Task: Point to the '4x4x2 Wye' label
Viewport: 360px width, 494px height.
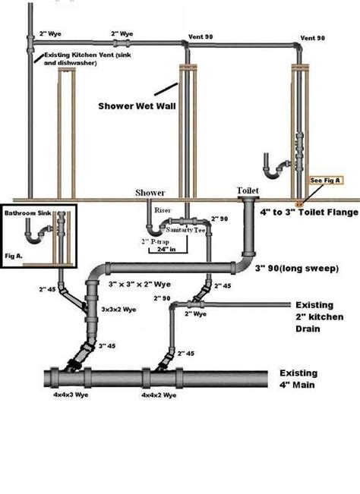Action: [x=159, y=395]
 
